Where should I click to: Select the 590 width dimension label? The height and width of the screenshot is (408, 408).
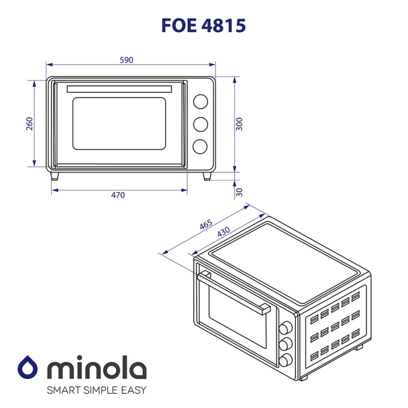coord(126,60)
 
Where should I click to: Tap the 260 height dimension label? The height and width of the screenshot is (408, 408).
coord(29,123)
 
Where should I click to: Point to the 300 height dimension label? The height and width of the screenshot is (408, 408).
coord(240,123)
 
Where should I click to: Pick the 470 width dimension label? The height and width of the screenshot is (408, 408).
coord(118,195)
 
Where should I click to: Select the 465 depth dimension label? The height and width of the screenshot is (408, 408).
coord(206,225)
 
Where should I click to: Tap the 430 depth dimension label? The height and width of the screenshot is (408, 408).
coord(223,232)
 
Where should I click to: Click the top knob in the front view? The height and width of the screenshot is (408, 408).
coord(200,101)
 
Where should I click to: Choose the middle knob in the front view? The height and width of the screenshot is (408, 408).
coord(200,124)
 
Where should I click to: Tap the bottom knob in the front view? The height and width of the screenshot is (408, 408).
coord(200,146)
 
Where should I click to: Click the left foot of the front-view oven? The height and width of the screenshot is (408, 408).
coord(55,176)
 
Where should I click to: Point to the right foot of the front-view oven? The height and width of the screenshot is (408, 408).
coord(208,176)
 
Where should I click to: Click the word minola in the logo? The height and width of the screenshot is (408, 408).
coord(96,368)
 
